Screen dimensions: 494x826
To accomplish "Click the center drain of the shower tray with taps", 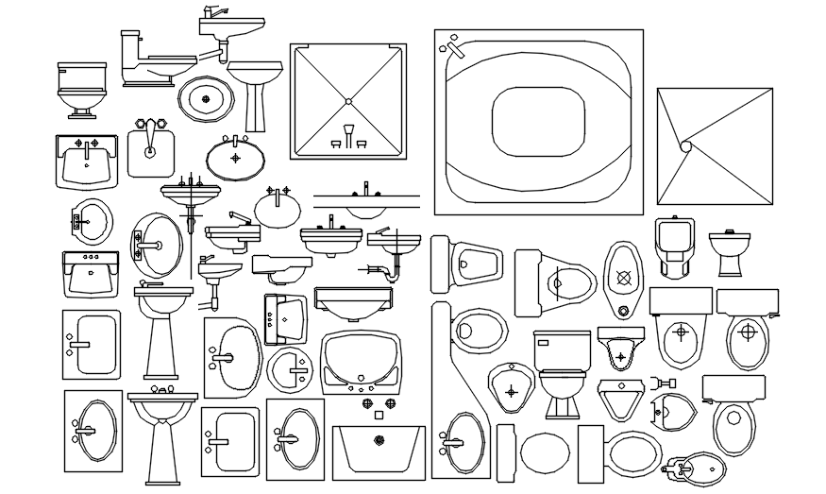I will [348, 100].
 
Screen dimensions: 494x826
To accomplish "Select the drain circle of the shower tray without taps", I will [686, 145].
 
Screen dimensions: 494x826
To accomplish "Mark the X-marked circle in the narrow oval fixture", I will [622, 279].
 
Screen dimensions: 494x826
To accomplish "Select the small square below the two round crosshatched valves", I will [378, 415].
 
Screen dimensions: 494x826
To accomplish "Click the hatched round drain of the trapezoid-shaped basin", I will [379, 440].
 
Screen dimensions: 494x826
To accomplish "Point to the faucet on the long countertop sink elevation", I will [366, 190].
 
